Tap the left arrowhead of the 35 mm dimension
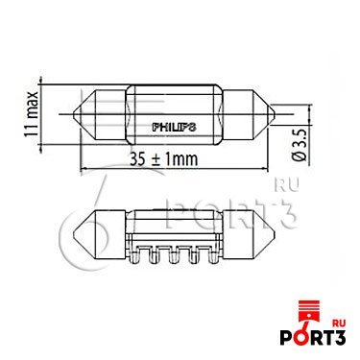pos(81,168)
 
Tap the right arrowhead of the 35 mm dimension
pos(275,168)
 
